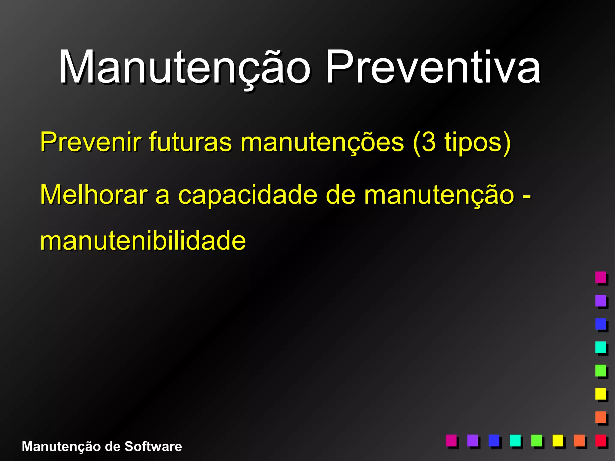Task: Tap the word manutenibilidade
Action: (x=143, y=241)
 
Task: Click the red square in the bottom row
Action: (x=601, y=440)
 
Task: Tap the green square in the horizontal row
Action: (x=536, y=440)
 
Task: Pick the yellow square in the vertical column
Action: (x=601, y=393)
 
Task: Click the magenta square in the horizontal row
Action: (x=451, y=440)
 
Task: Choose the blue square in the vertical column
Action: (x=601, y=324)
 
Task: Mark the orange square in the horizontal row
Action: (x=579, y=440)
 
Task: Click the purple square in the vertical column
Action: (x=601, y=300)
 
